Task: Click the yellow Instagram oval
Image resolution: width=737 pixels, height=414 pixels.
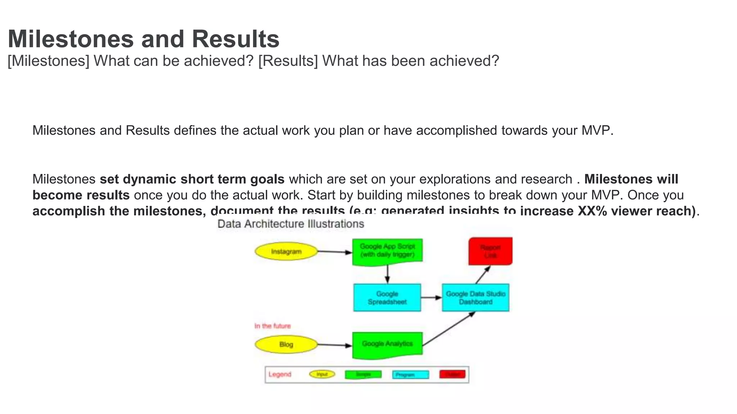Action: coord(286,252)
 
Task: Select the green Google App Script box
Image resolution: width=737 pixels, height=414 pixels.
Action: coord(387,251)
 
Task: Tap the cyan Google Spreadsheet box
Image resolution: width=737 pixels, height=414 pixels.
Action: coord(387,298)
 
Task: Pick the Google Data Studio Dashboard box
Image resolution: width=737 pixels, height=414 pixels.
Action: coord(475,298)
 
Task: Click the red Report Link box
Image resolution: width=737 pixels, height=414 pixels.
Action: coord(490,251)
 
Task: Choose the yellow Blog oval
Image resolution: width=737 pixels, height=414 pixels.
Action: coord(286,344)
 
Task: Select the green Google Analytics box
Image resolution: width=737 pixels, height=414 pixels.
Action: coord(387,344)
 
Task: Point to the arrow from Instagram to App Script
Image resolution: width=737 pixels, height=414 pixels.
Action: coord(335,252)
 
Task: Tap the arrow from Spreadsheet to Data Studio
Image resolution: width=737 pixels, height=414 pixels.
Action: coord(431,298)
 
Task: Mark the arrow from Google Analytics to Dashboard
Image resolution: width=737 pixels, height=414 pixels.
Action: coord(448,329)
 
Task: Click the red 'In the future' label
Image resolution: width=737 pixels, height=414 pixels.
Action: coord(272,326)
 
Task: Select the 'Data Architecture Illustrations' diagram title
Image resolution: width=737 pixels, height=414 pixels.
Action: coord(291,224)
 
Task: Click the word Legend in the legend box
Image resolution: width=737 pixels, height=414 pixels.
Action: coord(280,374)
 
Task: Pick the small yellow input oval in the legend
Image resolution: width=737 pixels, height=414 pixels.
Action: coord(322,374)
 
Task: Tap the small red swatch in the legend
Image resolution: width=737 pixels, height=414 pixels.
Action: coord(452,374)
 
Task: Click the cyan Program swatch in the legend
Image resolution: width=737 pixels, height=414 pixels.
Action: coord(410,375)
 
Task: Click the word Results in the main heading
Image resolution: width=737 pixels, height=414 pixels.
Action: coord(235,39)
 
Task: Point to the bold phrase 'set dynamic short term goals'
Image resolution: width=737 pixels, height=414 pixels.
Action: coord(192,179)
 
